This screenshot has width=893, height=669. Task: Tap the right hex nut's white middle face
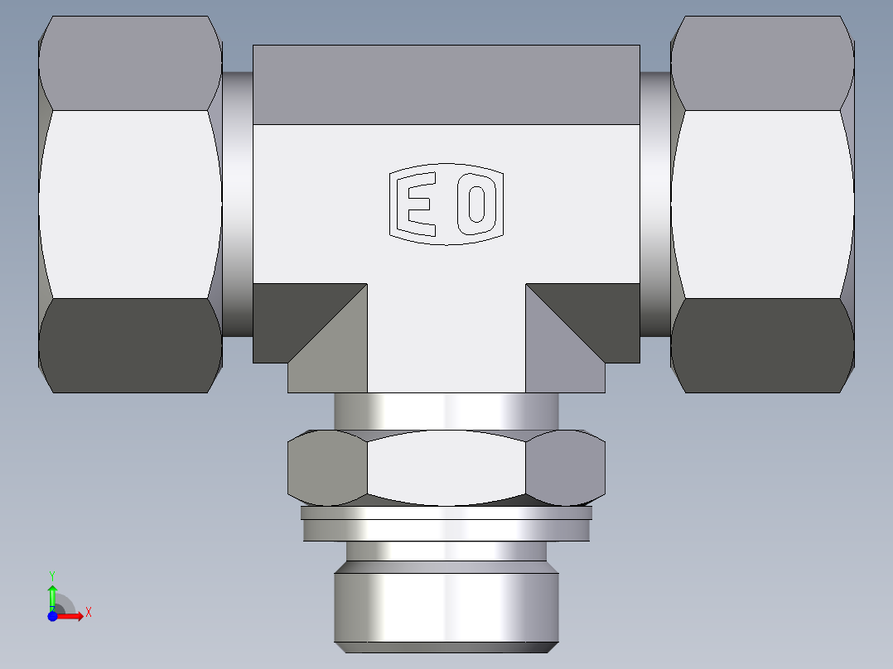(x=762, y=205)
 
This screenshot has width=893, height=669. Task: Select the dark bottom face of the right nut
(x=762, y=345)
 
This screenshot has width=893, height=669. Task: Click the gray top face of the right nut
(x=762, y=62)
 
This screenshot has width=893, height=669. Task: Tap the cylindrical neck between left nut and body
(x=237, y=205)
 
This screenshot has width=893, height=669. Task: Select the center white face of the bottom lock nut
(x=446, y=469)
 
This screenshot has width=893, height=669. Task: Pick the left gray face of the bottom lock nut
(x=326, y=469)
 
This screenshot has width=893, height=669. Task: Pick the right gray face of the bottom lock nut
(x=566, y=469)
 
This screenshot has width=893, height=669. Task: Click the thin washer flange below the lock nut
(x=446, y=524)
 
